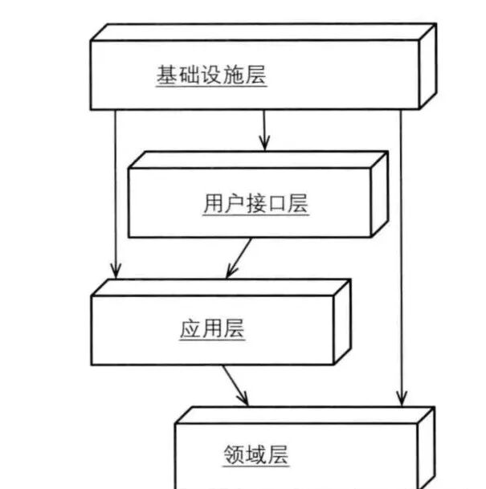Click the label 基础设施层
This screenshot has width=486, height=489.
pyautogui.click(x=211, y=76)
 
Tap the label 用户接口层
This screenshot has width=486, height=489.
pyautogui.click(x=255, y=204)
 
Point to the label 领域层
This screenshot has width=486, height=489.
pyautogui.click(x=255, y=455)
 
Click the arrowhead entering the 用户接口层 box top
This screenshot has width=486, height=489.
pyautogui.click(x=264, y=144)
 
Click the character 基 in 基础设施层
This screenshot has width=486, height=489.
pyautogui.click(x=167, y=76)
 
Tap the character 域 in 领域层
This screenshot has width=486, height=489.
pyautogui.click(x=255, y=455)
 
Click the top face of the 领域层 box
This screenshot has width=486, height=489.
pyautogui.click(x=305, y=415)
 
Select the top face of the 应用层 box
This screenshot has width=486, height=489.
pyautogui.click(x=222, y=287)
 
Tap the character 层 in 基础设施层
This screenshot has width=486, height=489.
pyautogui.click(x=255, y=76)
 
